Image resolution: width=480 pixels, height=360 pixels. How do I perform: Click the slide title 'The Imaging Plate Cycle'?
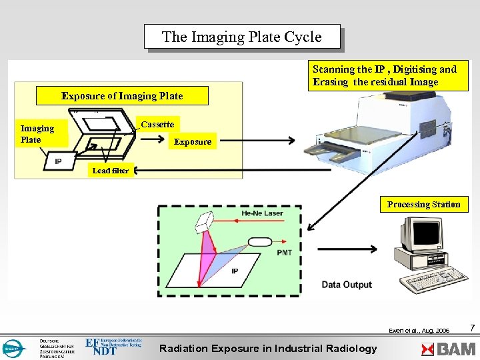(242, 37)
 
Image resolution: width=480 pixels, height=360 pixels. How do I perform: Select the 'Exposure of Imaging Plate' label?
(122, 96)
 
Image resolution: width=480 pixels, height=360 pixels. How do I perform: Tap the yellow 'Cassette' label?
(157, 125)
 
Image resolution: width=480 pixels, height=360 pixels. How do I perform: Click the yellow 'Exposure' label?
(192, 141)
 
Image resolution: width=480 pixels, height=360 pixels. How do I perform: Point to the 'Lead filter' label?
(111, 171)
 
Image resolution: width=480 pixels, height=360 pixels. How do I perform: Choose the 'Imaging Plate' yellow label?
(37, 134)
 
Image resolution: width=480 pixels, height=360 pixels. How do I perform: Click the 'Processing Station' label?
(423, 205)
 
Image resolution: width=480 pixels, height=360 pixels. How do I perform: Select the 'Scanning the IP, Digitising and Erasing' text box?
(387, 75)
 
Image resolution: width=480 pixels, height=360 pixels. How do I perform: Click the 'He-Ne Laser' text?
(261, 213)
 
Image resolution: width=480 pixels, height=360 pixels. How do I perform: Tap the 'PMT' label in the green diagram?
(284, 253)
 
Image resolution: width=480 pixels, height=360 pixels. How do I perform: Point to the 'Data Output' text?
(347, 285)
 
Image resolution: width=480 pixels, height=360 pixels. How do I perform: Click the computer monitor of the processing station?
(420, 233)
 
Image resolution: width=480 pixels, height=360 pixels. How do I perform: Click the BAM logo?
(449, 348)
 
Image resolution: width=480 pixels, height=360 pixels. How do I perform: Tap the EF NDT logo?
(113, 346)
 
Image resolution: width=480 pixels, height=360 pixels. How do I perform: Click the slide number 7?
(472, 328)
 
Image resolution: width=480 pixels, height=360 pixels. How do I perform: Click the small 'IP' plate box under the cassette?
(58, 160)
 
